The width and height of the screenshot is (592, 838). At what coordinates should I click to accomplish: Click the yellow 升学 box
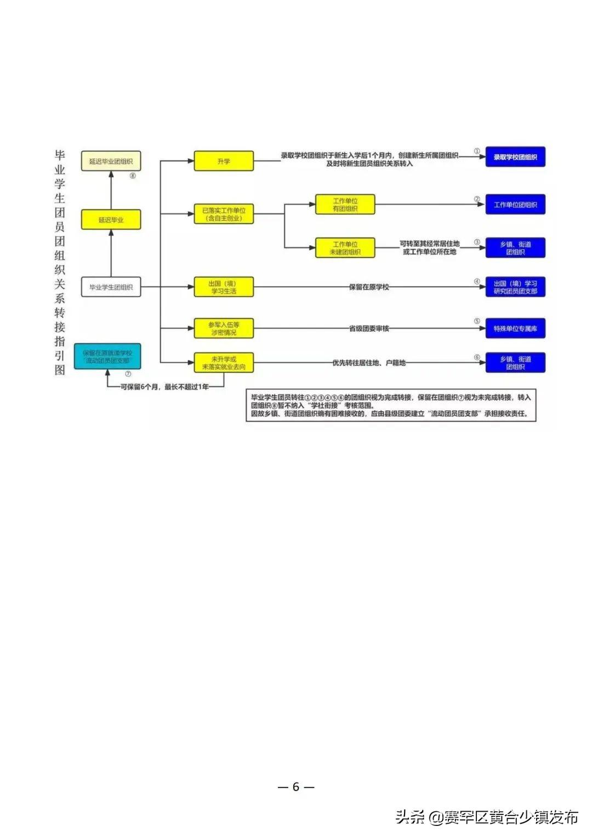point(224,161)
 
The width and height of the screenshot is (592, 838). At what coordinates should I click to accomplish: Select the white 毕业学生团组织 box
point(111,287)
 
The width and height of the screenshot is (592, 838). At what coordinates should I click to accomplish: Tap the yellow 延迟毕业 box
point(111,220)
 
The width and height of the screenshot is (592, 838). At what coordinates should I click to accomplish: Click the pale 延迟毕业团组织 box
point(111,161)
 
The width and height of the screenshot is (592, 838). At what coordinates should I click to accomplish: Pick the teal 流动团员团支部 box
point(107,356)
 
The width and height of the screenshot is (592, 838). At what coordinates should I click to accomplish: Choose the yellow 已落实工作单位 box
point(224,214)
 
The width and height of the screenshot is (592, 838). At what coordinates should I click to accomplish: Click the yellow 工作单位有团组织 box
point(345,205)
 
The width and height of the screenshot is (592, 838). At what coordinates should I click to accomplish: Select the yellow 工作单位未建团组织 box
point(345,248)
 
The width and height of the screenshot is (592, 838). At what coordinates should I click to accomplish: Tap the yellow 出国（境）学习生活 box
point(224,287)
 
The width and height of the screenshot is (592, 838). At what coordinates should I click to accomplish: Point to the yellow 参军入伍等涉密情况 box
point(224,329)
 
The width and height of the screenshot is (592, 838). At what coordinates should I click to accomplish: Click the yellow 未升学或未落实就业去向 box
point(224,363)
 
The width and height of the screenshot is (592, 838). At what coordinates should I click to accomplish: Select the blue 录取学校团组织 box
point(515,157)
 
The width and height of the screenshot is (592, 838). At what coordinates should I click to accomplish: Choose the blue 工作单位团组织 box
point(515,205)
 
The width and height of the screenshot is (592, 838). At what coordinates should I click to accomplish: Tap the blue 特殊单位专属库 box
point(515,329)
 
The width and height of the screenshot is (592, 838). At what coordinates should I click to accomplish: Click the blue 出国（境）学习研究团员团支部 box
point(515,287)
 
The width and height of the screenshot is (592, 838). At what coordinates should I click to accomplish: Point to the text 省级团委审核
point(369,329)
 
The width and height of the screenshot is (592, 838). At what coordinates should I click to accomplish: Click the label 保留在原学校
point(369,287)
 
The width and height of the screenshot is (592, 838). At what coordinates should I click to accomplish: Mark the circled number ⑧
point(133,176)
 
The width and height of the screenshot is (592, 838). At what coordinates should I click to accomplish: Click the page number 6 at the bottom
point(296,787)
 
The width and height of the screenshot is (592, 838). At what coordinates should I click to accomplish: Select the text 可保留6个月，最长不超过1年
point(164,387)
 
